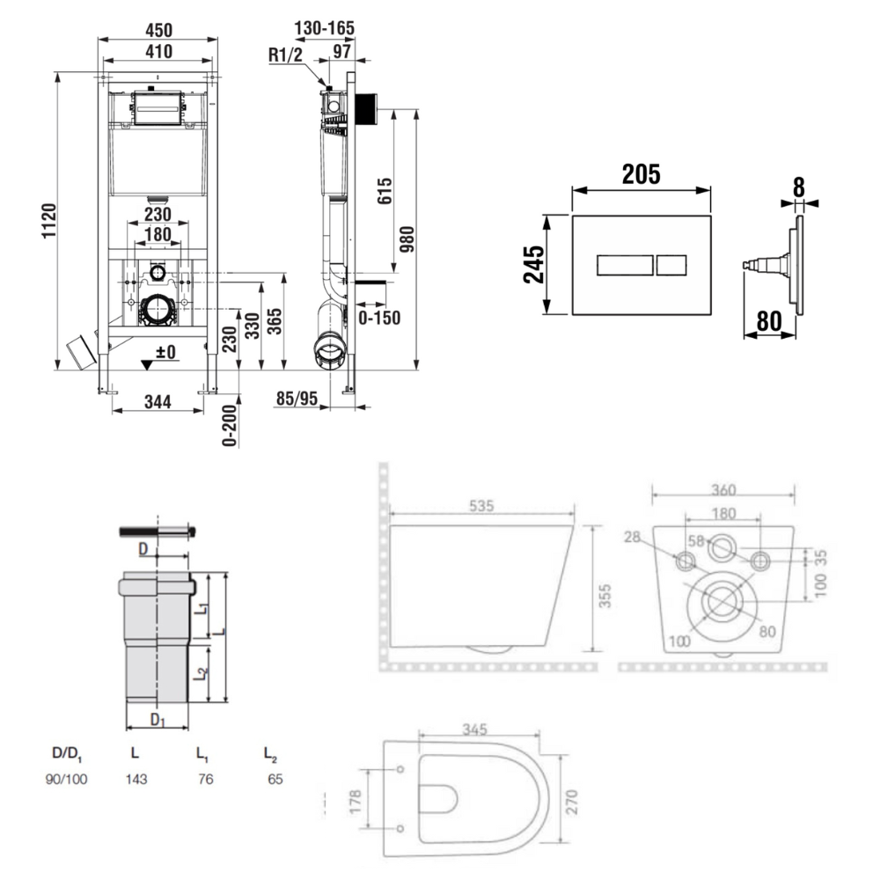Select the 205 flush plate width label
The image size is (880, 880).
(x=641, y=174)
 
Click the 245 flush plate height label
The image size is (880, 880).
(x=534, y=264)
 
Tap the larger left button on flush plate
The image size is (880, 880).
(x=625, y=264)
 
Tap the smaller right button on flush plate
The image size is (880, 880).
(x=672, y=264)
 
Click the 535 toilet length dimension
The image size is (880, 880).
(x=482, y=506)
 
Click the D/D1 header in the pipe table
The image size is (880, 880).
(x=67, y=754)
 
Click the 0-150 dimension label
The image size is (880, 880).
(x=379, y=318)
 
